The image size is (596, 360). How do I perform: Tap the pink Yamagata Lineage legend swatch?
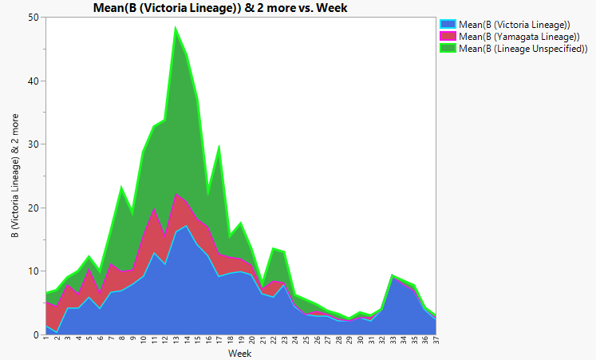tap(447, 37)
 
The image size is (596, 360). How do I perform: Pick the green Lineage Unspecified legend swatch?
tap(447, 49)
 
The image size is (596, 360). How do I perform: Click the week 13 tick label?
tap(176, 342)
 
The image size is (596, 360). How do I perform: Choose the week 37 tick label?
tap(435, 342)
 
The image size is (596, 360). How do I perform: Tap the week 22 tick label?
tap(273, 342)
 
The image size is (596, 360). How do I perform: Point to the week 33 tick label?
tap(392, 342)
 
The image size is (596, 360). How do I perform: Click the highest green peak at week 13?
tap(176, 28)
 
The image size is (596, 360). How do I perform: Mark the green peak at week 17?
tap(219, 147)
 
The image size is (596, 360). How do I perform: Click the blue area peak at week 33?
tap(392, 277)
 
